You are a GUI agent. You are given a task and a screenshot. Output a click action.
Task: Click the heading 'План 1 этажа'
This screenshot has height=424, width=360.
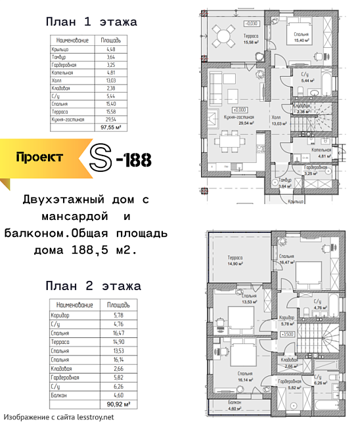pos(91,22)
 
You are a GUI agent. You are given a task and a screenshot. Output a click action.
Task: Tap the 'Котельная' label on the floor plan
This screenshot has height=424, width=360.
pos(321,151)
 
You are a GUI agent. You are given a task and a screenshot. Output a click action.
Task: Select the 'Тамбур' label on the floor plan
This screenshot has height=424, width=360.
pos(285,180)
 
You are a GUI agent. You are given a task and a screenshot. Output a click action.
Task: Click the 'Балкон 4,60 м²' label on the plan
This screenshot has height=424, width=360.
pos(235,404)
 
